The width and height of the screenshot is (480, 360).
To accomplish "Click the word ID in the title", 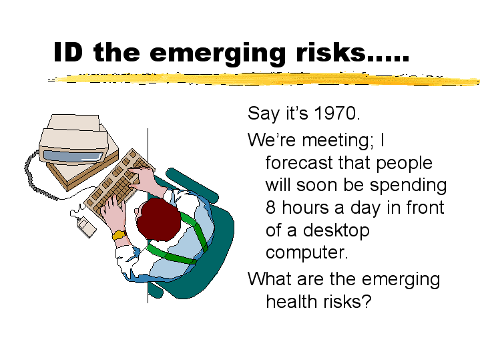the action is click(68, 52).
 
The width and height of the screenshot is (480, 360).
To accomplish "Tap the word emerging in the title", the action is click(218, 53).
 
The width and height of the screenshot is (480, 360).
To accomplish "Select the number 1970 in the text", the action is click(335, 113).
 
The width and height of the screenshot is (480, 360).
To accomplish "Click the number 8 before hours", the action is click(270, 207).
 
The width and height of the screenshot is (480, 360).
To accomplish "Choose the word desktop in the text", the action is click(336, 231).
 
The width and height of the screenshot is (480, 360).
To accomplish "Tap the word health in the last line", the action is click(291, 301).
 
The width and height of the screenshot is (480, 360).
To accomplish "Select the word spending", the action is click(408, 186).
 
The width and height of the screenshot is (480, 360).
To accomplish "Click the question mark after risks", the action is click(367, 301).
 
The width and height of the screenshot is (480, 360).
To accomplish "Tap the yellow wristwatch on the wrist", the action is click(119, 235).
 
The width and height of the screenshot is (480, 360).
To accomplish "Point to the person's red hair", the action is click(158, 219).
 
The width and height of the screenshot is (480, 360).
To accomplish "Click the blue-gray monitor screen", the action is click(73, 156).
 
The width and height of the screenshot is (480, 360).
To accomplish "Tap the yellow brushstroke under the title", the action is click(263, 79).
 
